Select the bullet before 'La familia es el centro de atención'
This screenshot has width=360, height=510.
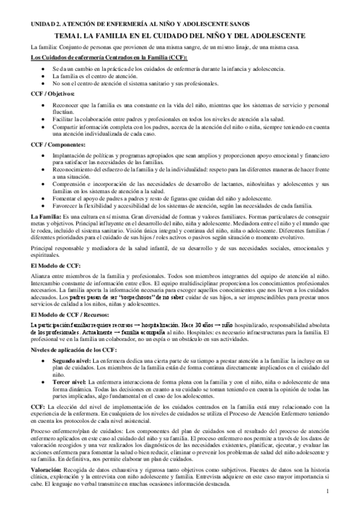[x=41, y=76]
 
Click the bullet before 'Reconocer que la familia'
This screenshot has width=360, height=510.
[x=41, y=105]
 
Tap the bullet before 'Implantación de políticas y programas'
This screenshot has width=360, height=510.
[x=41, y=156]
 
